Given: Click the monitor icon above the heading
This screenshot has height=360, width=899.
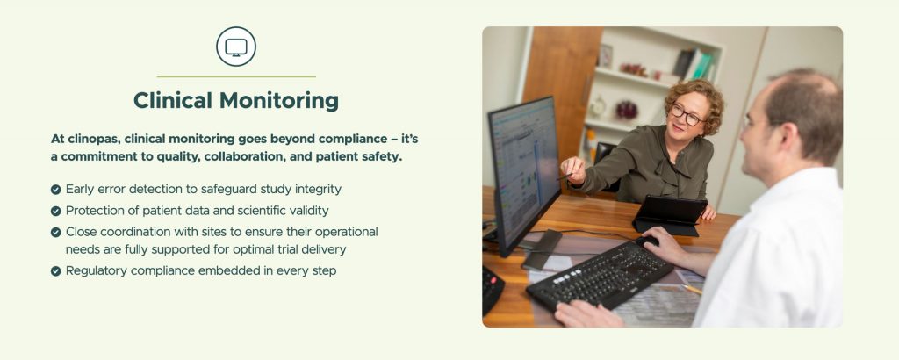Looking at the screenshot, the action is pos(236,47).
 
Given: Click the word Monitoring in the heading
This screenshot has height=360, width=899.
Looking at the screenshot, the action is pos(279,101).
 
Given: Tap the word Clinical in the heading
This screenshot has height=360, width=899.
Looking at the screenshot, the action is pos(173,100).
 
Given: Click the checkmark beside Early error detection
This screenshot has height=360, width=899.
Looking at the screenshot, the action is pos(55,189).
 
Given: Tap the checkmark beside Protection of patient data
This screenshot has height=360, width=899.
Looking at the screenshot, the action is pos(55,211).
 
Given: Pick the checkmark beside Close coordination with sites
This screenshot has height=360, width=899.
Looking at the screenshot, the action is pos(55,232).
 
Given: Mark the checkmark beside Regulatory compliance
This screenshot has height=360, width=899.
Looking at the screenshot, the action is pos(55,271).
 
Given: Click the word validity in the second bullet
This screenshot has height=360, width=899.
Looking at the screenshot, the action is pos(310,211).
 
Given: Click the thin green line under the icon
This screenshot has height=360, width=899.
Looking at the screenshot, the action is pos(236,76).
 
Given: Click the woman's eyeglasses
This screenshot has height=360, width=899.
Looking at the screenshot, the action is pos(686,115).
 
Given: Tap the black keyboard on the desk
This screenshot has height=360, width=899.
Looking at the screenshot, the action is pos(599,274).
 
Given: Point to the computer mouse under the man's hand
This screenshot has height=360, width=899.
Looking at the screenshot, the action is pos(647,241).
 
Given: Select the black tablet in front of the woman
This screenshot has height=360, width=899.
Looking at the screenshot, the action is pos(670,215).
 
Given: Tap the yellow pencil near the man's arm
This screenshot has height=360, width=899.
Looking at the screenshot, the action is pos(692,290).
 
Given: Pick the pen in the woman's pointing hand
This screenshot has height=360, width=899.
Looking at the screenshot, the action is pos(565,176).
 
